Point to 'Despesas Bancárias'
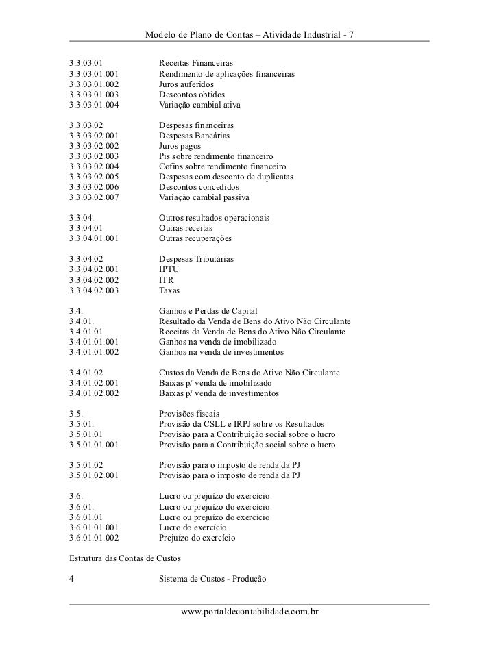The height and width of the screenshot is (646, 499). (195, 136)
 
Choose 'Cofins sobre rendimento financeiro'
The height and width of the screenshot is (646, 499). (222, 166)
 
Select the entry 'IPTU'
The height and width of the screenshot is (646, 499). (169, 269)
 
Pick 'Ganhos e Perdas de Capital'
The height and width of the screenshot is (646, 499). (208, 311)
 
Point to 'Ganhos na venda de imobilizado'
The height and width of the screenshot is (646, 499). (217, 342)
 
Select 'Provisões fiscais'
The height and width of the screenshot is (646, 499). (189, 414)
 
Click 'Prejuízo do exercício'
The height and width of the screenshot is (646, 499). (197, 538)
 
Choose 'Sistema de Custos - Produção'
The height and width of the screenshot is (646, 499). (212, 580)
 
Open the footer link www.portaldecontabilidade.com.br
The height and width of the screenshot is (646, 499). (249, 610)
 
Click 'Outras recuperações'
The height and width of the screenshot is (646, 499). (195, 239)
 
